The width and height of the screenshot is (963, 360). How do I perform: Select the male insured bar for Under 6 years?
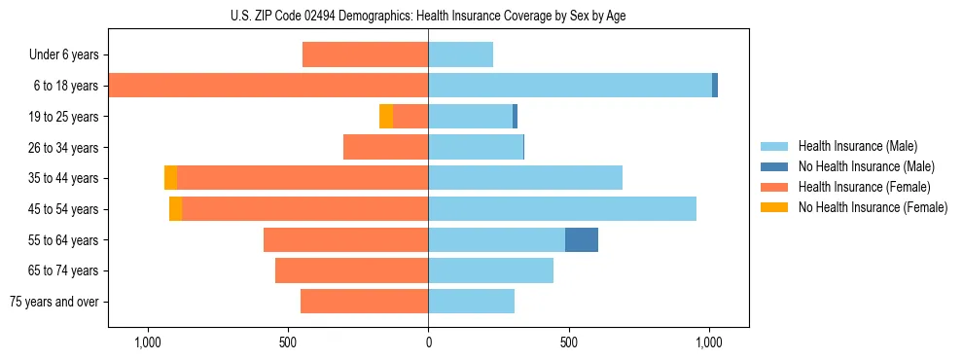[x=460, y=54]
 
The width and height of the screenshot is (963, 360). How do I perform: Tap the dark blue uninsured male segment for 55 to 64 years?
[x=582, y=239]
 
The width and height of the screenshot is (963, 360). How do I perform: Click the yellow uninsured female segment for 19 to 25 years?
[x=386, y=116]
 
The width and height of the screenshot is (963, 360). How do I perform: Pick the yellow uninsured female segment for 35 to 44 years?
[x=171, y=178]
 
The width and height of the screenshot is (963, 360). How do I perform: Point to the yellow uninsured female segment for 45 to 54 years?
[x=176, y=208]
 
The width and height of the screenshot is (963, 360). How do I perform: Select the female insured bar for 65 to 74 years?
[x=351, y=270]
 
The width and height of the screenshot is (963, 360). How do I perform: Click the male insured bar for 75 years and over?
[x=471, y=302]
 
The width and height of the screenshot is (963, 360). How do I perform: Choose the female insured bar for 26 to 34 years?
[x=385, y=147]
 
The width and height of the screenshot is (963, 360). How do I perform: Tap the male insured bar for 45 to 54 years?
[x=562, y=208]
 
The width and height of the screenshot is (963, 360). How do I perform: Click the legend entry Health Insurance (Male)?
[x=857, y=146]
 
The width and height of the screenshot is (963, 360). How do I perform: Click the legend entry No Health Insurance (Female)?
[x=873, y=207]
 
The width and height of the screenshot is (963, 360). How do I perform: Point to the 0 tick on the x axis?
[x=428, y=342]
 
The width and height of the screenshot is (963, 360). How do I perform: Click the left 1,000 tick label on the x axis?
[x=148, y=342]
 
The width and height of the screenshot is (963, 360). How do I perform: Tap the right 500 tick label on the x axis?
[x=569, y=342]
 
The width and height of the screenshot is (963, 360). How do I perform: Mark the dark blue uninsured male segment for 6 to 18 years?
[x=715, y=86]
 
